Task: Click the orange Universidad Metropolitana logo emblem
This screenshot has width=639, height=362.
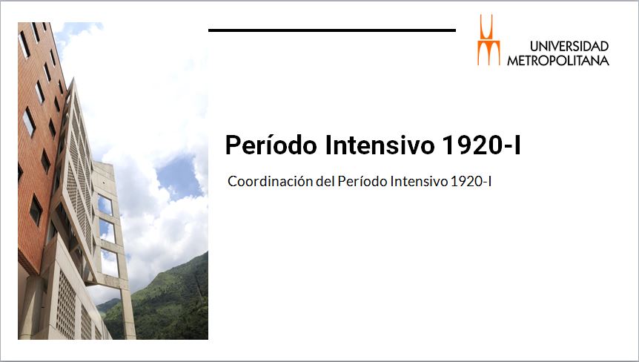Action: (x=489, y=40)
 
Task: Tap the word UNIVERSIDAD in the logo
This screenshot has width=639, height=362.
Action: (x=569, y=46)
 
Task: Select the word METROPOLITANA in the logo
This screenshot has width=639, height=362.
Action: (x=558, y=60)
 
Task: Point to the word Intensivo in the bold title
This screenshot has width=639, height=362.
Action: (x=380, y=145)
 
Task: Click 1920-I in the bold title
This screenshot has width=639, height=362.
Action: (x=481, y=145)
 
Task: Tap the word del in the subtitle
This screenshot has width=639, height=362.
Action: (x=325, y=181)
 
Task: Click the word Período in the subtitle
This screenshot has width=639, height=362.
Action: (x=362, y=181)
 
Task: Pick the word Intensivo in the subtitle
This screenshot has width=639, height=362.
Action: (x=419, y=181)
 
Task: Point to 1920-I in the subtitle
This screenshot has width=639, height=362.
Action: (x=471, y=181)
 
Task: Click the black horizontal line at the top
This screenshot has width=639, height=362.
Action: (x=331, y=30)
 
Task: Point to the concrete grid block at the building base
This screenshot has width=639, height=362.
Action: (x=65, y=303)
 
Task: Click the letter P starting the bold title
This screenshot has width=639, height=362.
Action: (x=232, y=145)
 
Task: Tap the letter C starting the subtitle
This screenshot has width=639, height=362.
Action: (x=232, y=182)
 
